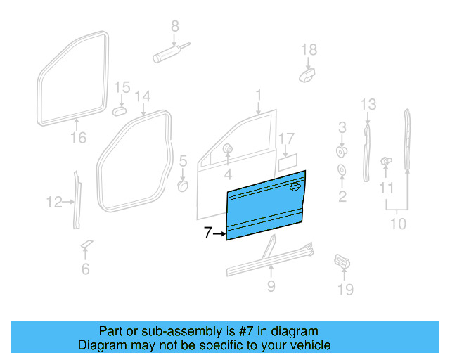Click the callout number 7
coord(207,233)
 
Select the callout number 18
coord(309,50)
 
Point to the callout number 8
coord(175,27)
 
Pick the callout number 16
coord(79,138)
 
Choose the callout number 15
coord(122,88)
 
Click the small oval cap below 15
coord(119,110)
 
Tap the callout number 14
coord(143,96)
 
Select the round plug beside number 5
coord(182,186)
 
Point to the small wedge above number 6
coord(86,244)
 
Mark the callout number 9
coord(271,286)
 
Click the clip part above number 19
coord(341,260)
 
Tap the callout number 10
coord(398,224)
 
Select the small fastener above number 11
coord(385,161)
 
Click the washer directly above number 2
coord(342,170)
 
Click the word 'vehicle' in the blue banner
coord(306,346)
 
